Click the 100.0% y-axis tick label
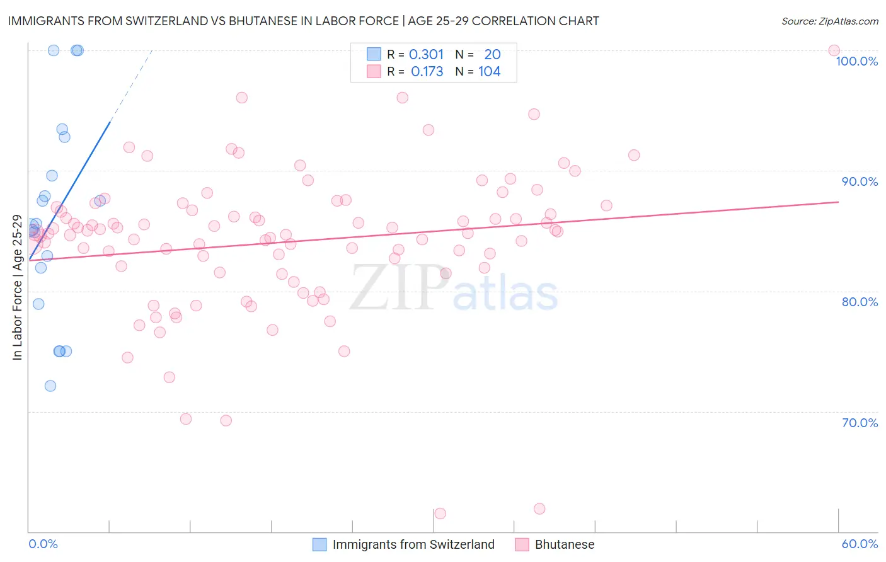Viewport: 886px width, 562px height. click(x=856, y=61)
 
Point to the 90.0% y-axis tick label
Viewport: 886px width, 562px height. click(x=860, y=181)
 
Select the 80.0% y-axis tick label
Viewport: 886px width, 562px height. click(x=860, y=302)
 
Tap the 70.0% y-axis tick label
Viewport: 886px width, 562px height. click(x=860, y=423)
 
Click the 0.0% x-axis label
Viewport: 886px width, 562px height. click(x=43, y=544)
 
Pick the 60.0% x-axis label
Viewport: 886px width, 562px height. click(x=860, y=544)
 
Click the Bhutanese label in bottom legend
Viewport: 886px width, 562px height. click(x=565, y=544)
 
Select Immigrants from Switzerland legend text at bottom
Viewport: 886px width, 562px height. click(x=413, y=544)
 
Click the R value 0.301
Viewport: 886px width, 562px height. click(x=427, y=55)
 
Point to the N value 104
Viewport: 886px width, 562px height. click(x=490, y=72)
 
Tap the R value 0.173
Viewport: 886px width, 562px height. click(x=427, y=72)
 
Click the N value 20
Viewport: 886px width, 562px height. click(x=492, y=55)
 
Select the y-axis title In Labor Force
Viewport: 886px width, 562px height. click(x=17, y=288)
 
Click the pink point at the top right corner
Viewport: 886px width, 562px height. click(x=834, y=50)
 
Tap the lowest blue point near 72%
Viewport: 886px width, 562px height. click(x=50, y=386)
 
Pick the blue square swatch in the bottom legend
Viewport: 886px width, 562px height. click(x=319, y=544)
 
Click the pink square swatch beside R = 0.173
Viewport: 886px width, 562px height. click(x=374, y=72)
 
